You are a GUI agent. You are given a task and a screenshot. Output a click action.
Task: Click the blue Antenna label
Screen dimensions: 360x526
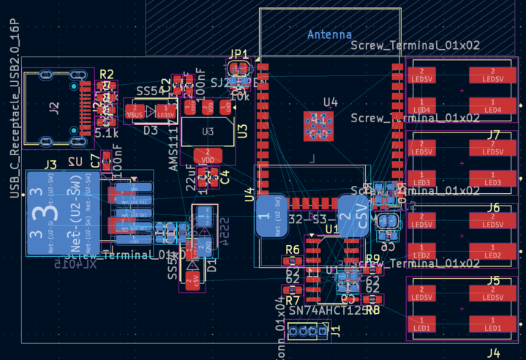click(x=329, y=34)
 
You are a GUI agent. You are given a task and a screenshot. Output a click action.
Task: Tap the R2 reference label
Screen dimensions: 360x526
click(x=107, y=74)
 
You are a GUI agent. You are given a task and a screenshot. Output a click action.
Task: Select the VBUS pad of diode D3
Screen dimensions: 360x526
click(x=135, y=112)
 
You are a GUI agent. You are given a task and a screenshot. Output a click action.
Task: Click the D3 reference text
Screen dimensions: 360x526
click(x=150, y=130)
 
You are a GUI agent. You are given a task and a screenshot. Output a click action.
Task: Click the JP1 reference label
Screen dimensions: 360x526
click(x=239, y=55)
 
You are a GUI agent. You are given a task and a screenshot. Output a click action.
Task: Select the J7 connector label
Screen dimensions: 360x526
click(x=493, y=135)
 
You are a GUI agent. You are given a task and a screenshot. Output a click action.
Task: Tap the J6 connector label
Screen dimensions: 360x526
click(x=493, y=208)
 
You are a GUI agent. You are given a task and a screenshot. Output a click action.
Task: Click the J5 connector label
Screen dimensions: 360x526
click(x=493, y=280)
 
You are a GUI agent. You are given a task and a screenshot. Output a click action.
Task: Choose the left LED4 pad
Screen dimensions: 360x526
click(x=422, y=109)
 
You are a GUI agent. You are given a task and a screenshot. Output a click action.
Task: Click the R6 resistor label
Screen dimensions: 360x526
click(x=293, y=250)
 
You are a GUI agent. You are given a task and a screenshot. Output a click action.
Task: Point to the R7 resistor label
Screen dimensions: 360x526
click(x=293, y=300)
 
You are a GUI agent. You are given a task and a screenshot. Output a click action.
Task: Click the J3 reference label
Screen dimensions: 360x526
click(x=50, y=164)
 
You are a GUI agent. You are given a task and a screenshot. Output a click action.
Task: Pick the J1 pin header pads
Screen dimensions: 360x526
click(x=307, y=333)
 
